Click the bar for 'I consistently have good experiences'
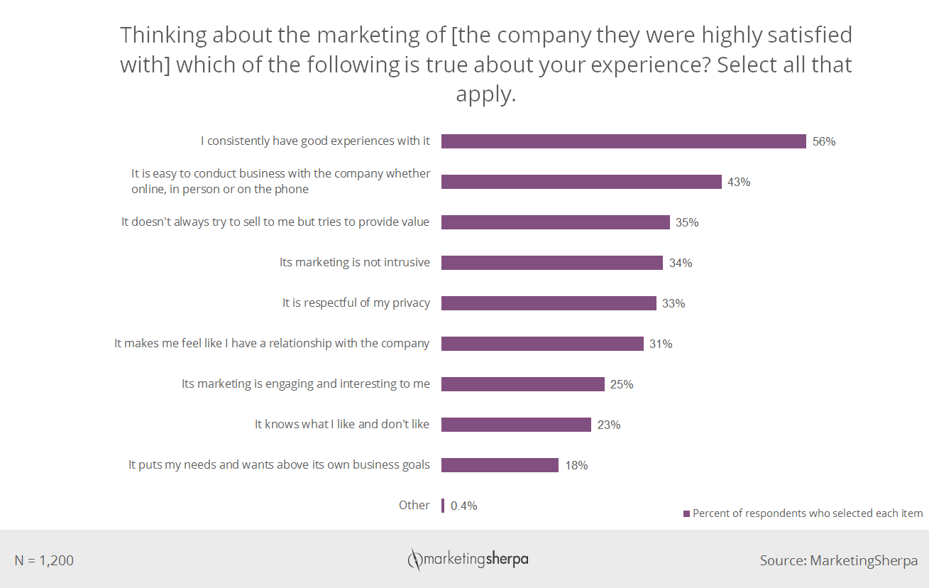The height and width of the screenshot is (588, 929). tap(623, 141)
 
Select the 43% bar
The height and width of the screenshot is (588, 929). tap(581, 182)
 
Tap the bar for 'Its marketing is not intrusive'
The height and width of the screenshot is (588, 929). tap(551, 263)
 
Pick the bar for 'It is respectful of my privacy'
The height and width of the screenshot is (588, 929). tap(549, 303)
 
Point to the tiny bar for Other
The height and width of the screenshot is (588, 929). tap(443, 506)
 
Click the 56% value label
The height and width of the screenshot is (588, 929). tap(824, 141)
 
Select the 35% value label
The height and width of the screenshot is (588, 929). tap(687, 222)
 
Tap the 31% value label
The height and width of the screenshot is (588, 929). tap(661, 344)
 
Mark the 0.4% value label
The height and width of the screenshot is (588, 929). tap(464, 506)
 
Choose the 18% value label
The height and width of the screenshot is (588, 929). tap(576, 465)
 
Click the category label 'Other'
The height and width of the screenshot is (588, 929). tap(414, 505)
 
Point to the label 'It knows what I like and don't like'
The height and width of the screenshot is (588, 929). tap(342, 424)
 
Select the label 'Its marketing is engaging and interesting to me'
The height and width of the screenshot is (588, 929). tap(306, 383)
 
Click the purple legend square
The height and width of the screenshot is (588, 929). tap(686, 513)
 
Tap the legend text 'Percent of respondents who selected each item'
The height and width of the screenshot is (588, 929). tap(808, 513)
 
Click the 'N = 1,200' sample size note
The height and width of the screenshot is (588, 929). tap(44, 560)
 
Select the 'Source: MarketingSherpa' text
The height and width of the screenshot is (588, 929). tap(839, 560)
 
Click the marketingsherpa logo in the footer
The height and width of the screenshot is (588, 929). tap(468, 560)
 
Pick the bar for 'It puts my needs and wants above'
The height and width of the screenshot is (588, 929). tap(500, 465)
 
